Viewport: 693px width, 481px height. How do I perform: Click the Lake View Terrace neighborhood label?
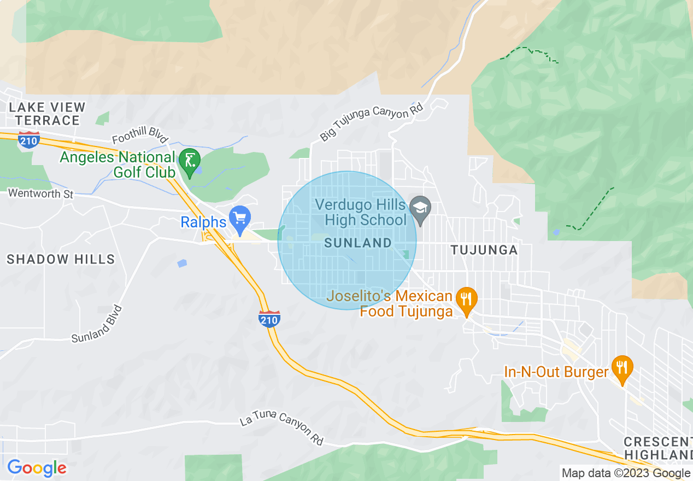pos(48,114)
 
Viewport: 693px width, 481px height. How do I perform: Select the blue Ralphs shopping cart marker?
pos(240,218)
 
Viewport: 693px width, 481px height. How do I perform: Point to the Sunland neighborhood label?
pos(358,243)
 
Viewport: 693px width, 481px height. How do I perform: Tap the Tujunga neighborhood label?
pos(484,250)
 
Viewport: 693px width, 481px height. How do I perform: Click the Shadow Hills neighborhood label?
pos(61,259)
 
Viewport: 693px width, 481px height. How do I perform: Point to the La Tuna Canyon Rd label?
pos(281,429)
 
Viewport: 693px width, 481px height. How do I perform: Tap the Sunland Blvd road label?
pos(97,324)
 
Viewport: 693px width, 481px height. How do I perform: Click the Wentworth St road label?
pos(40,193)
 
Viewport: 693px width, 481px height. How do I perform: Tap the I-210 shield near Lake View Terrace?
pos(28,140)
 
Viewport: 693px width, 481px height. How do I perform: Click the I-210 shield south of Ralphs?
pos(270,319)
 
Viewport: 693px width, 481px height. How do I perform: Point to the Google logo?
pos(37,468)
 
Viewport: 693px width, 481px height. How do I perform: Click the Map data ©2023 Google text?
pos(625,473)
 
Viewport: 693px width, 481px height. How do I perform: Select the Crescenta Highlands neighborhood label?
pos(658,448)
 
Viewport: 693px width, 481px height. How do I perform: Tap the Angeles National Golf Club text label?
pos(118,165)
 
